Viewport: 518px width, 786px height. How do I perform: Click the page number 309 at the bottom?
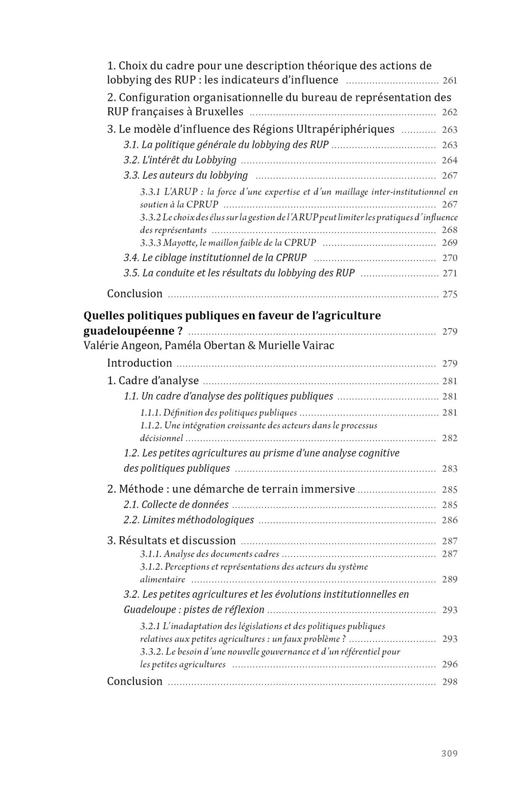449,753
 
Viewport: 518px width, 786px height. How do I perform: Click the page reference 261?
450,80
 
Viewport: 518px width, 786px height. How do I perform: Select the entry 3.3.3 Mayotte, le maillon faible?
228,243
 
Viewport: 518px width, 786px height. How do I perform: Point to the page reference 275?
450,294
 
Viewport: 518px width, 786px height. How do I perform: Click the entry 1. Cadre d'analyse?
153,380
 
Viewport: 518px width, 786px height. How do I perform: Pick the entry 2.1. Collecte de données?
176,505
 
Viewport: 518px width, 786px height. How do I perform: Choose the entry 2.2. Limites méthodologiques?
189,520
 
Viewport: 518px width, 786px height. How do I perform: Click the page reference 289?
450,580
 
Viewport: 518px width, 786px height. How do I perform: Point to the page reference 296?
450,664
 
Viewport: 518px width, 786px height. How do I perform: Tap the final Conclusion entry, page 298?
134,681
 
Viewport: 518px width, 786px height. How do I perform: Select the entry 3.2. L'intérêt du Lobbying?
180,160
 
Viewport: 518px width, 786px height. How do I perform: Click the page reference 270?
450,258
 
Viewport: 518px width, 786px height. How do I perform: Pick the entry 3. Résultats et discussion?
171,540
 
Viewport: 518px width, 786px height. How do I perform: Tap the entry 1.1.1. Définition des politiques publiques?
218,413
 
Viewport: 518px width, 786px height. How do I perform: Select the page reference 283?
450,469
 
